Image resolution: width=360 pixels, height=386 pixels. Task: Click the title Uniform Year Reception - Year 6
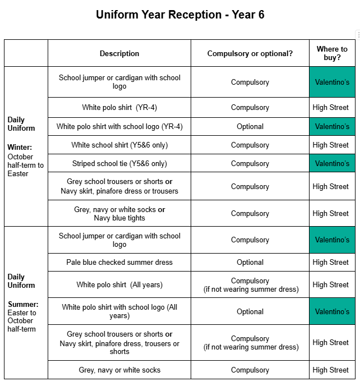(180, 15)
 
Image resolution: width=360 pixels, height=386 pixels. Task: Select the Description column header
(119, 54)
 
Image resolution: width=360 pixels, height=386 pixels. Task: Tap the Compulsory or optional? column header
(250, 54)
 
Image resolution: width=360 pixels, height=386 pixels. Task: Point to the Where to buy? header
(332, 53)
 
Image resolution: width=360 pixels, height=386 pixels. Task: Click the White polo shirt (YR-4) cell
(119, 108)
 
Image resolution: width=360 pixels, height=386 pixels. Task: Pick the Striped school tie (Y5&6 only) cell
(119, 164)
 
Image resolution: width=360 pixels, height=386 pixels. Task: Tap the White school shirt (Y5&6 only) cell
(119, 145)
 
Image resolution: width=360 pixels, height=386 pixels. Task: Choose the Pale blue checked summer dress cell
(119, 263)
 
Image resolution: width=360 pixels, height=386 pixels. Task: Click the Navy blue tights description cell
(119, 214)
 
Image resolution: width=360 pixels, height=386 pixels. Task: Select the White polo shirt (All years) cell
(119, 285)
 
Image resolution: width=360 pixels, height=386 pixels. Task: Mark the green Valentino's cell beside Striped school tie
(332, 164)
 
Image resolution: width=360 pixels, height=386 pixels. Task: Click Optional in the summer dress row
(250, 263)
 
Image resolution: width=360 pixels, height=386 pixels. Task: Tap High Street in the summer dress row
(331, 263)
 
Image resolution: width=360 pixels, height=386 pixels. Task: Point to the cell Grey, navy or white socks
(119, 370)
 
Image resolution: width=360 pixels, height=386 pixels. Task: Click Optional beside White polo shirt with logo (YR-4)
(250, 127)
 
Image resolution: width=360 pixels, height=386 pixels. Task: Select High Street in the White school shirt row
(331, 145)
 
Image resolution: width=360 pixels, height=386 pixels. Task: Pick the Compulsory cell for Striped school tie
(250, 164)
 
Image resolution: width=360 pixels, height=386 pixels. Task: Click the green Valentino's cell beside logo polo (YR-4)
(332, 127)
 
